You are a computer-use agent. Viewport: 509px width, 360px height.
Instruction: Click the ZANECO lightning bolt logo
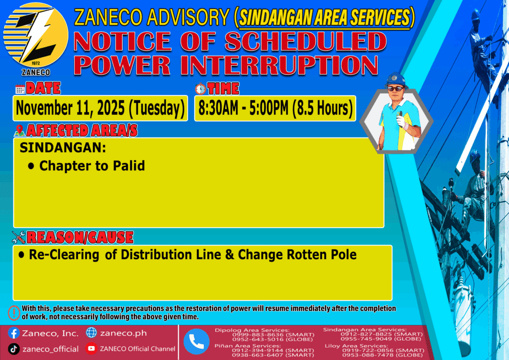point(36,35)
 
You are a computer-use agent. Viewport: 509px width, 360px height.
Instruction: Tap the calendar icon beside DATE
point(20,89)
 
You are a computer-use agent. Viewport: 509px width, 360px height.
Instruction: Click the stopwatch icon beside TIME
point(201,89)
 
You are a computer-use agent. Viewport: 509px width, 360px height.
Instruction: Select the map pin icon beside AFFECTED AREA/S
point(19,130)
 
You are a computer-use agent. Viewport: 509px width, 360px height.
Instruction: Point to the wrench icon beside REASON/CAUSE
point(18,237)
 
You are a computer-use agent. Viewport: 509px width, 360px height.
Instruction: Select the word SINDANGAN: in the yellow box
point(63,148)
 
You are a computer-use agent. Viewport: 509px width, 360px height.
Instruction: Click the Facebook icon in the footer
point(14,333)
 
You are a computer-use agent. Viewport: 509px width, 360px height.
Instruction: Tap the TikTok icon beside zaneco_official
point(14,349)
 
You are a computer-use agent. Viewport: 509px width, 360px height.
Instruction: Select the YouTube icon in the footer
point(91,349)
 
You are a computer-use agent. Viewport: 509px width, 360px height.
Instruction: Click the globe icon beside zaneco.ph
point(91,333)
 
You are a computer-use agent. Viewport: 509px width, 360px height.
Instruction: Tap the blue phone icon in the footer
point(196,342)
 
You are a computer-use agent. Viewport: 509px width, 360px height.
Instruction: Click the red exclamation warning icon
point(14,313)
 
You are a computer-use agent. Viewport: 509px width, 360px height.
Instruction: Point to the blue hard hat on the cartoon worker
point(395,80)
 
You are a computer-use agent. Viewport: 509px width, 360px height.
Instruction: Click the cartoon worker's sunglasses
point(396,89)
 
